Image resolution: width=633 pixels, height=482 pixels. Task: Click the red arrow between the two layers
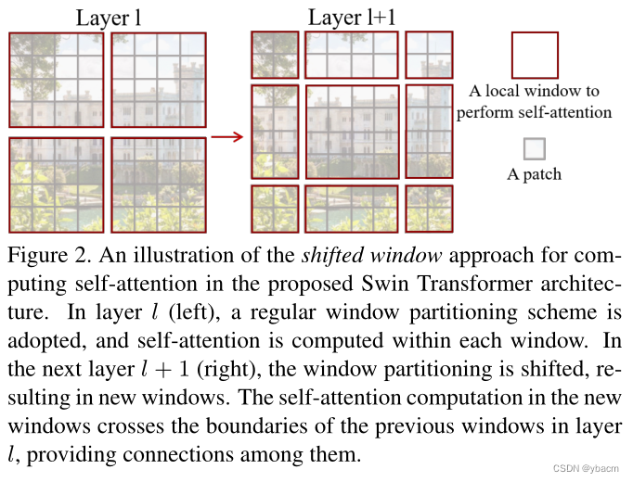pos(226,137)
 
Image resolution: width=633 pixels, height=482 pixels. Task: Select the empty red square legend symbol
pos(535,55)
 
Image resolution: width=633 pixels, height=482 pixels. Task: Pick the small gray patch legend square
pos(534,148)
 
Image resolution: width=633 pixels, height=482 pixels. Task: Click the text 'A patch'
pos(534,173)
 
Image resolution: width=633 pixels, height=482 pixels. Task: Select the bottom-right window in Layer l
pos(158,184)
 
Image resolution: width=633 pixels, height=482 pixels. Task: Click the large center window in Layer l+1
pos(351,132)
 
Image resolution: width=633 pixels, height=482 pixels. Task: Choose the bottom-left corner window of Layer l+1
pos(275,209)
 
